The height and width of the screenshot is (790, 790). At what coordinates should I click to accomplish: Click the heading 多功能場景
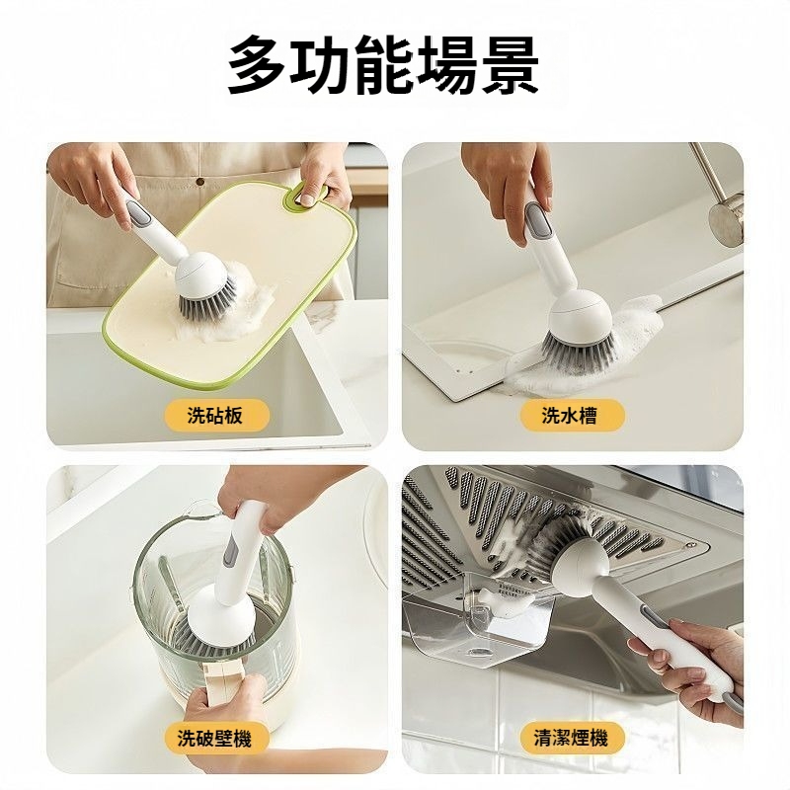(x=383, y=64)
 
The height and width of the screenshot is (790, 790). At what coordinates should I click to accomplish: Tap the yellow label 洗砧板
(x=215, y=415)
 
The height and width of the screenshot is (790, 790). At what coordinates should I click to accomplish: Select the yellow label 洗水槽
(x=571, y=415)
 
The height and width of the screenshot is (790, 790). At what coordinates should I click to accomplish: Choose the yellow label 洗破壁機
(x=215, y=738)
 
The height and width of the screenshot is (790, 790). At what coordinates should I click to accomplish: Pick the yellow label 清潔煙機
(x=571, y=738)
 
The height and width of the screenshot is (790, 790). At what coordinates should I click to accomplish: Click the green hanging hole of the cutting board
(x=306, y=196)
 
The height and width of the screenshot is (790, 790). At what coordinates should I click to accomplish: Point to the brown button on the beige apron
(x=200, y=182)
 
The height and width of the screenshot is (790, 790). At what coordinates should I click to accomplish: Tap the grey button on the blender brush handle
(x=231, y=550)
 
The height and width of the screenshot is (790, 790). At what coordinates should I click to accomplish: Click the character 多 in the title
(x=258, y=64)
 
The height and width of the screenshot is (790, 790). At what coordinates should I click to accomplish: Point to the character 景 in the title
(x=510, y=64)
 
